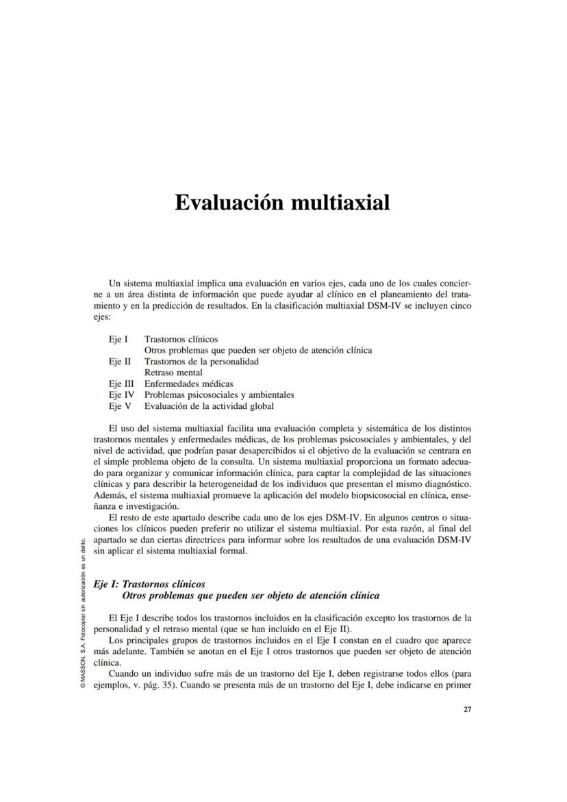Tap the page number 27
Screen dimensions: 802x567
pos(467,710)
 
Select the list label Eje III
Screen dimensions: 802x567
pos(121,384)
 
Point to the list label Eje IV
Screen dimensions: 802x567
pos(121,394)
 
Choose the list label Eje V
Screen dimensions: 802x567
pos(119,405)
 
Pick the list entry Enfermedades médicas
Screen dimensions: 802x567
pos(188,384)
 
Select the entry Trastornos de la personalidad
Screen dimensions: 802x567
pos(201,362)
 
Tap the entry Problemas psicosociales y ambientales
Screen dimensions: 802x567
pos(219,394)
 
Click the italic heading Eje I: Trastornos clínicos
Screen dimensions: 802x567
pos(149,584)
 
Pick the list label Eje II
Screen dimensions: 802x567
pos(120,362)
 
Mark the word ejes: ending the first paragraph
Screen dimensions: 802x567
pos(102,318)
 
